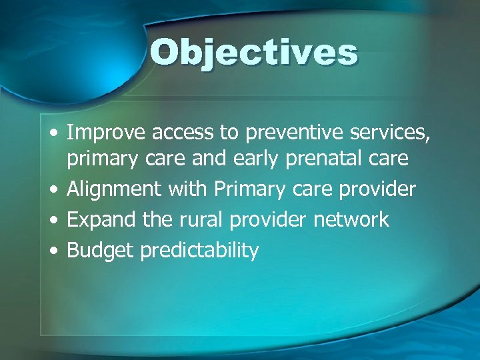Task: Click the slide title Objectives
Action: coord(253,53)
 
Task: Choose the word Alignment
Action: coord(115,190)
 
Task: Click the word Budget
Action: coord(101,251)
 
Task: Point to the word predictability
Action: coord(199,251)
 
